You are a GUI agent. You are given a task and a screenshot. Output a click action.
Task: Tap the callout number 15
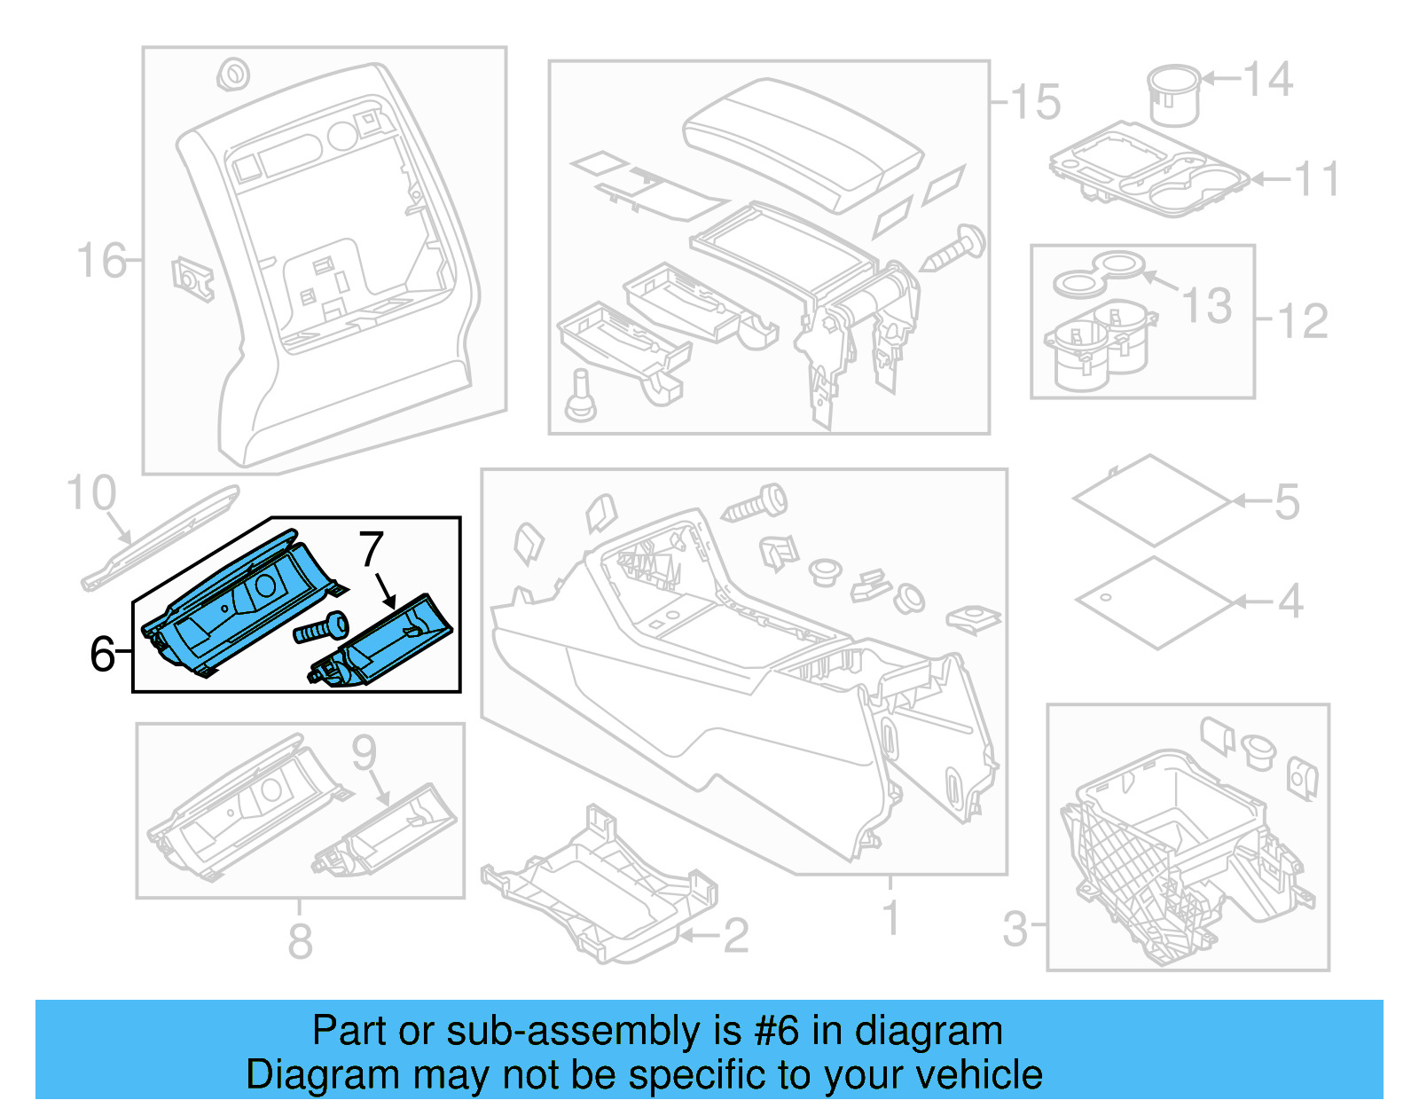[1035, 102]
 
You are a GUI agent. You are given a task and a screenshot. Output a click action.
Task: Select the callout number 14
[1268, 80]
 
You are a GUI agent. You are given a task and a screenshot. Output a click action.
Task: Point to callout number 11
[1317, 180]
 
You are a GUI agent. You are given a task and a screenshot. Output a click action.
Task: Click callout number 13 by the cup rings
[1207, 305]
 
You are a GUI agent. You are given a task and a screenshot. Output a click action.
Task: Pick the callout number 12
[1303, 321]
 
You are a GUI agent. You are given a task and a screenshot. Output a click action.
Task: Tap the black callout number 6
[102, 654]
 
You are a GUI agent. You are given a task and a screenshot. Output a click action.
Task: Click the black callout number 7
[372, 549]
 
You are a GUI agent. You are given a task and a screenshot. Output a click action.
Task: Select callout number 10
[91, 493]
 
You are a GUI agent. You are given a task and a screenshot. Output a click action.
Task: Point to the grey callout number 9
[365, 752]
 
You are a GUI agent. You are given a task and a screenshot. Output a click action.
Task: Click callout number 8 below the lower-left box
[300, 941]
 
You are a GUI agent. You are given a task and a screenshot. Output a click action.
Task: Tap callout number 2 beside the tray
[735, 936]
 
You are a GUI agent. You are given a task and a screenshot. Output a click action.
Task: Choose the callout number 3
[1015, 929]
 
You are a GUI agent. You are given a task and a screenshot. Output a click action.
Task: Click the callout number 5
[1287, 502]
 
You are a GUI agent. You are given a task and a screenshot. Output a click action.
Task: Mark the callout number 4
[1290, 601]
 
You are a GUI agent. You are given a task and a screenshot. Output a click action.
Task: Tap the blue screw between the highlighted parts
[322, 629]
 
